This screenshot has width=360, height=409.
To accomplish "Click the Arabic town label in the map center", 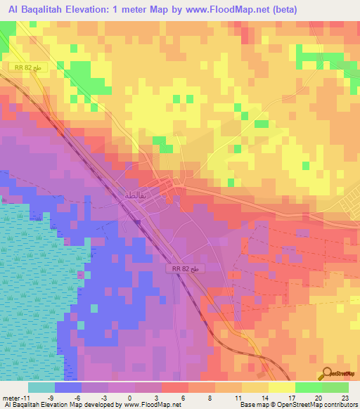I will click(x=136, y=195).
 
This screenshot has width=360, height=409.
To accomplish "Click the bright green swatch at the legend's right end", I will click(x=335, y=387).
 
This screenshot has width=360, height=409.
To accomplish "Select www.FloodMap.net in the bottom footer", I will click(x=151, y=405).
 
